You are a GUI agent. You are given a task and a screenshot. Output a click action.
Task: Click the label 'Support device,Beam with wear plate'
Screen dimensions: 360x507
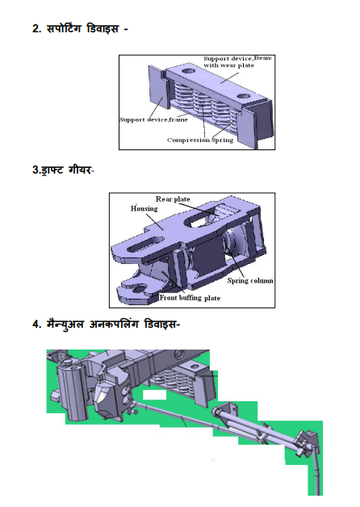pos(237,61)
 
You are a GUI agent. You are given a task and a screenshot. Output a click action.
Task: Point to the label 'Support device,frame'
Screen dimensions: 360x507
pos(153,119)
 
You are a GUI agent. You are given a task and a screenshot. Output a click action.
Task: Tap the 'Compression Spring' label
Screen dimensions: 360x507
pos(200,140)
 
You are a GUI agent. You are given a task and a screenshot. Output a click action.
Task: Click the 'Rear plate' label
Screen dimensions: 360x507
pos(173,199)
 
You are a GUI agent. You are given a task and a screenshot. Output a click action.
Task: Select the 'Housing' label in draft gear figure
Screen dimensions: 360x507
pos(144,208)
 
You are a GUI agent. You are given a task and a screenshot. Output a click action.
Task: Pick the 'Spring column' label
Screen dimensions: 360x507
pos(250,281)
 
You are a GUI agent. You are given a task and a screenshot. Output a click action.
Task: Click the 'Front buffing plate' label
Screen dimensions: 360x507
pos(190,298)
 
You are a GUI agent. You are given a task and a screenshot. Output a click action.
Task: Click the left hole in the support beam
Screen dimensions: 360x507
pos(188,70)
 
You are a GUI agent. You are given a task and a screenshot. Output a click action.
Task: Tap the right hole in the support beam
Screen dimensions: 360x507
pos(245,96)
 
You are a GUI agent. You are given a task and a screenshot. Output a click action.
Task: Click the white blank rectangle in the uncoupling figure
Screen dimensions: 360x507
pos(154,395)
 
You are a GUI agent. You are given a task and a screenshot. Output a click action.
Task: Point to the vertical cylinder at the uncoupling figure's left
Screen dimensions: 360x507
pos(73,393)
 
